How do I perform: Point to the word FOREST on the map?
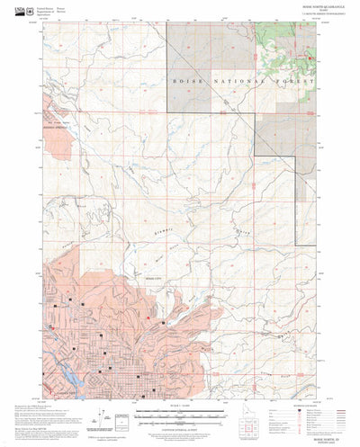tap(296, 81)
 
